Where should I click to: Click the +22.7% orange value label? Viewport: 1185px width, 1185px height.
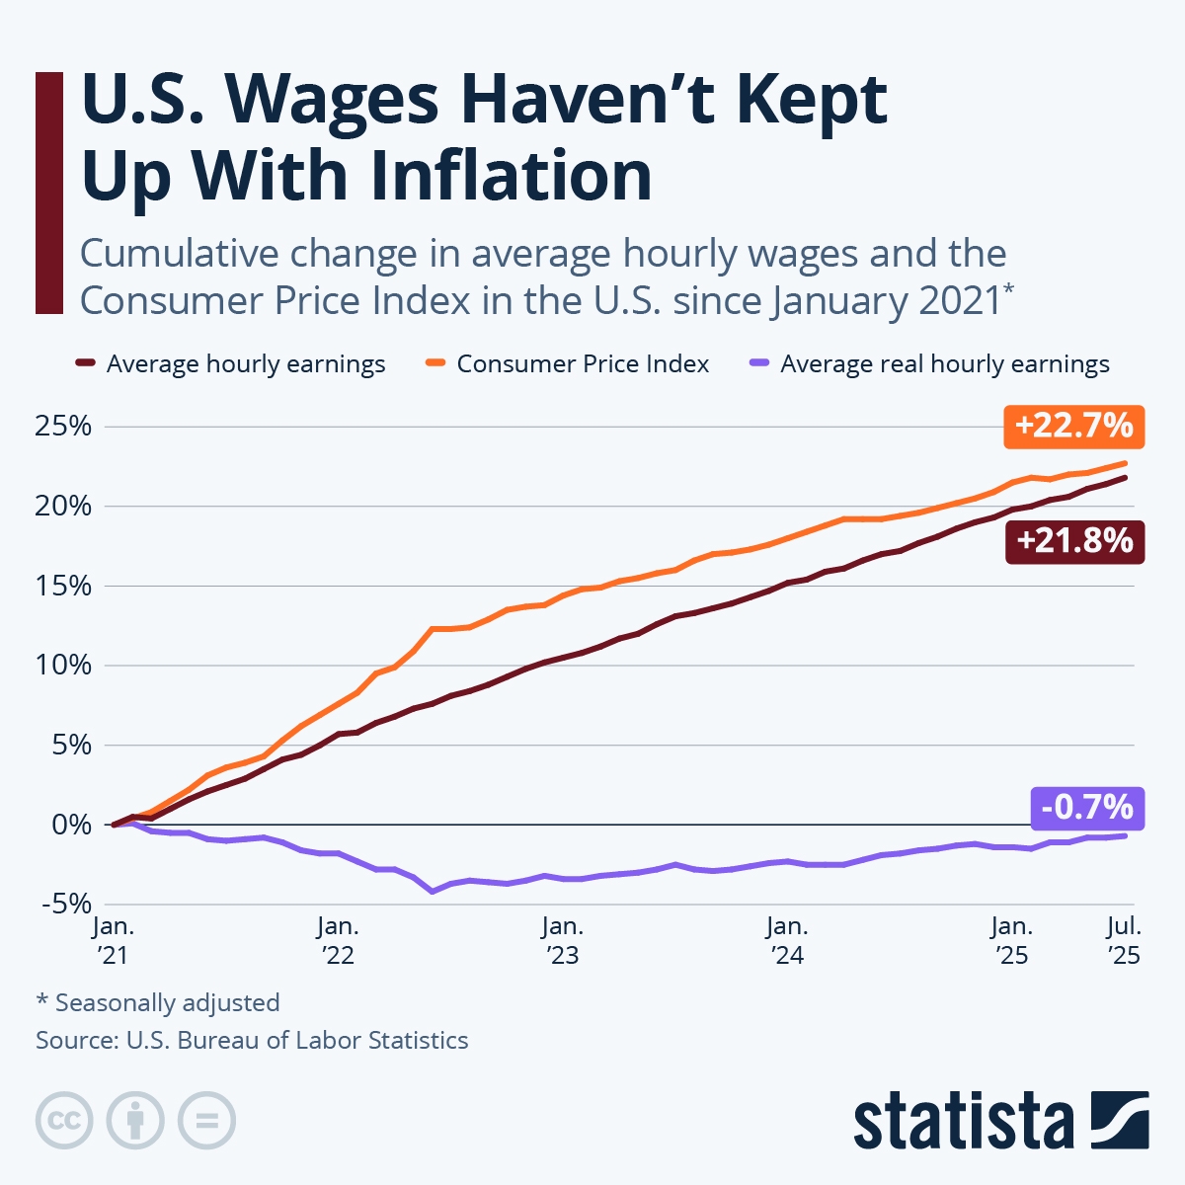[1073, 426]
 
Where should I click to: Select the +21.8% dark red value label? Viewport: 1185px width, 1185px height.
[1074, 541]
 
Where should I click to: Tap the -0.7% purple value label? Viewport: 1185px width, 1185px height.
[1087, 808]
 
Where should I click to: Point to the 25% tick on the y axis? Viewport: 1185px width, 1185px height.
[63, 427]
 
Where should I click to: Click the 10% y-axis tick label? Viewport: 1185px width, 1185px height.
[63, 666]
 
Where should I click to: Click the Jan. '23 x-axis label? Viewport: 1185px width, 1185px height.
[562, 940]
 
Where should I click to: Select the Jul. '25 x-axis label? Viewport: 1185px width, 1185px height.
[1124, 940]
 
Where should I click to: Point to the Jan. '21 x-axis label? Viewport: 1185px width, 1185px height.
[114, 940]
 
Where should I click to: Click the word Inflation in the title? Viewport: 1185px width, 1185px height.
[511, 176]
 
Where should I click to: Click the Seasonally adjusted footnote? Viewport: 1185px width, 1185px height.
[158, 1003]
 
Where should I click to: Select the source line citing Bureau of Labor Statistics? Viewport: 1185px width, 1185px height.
[252, 1041]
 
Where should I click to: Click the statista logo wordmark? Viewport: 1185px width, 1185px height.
[963, 1122]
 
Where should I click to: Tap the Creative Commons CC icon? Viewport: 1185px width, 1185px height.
[64, 1121]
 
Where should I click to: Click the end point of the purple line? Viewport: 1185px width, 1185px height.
[1124, 835]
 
